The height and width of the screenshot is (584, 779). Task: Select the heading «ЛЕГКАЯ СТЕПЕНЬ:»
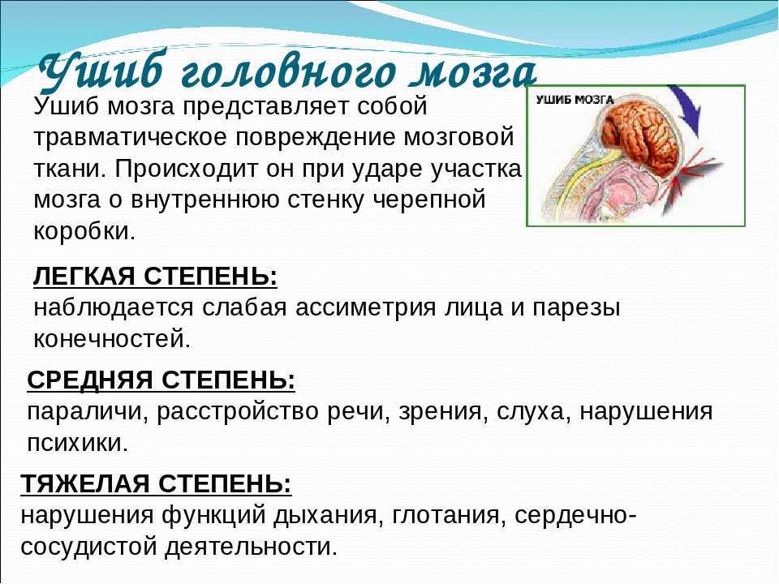click(x=155, y=276)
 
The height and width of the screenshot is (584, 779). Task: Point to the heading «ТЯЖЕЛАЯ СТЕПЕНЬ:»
click(x=156, y=483)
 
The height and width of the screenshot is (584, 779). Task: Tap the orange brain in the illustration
click(x=642, y=135)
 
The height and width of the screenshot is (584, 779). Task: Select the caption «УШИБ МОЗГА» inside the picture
click(x=575, y=99)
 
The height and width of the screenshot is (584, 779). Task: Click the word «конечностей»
click(x=112, y=339)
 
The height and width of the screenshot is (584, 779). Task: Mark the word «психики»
click(x=78, y=443)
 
